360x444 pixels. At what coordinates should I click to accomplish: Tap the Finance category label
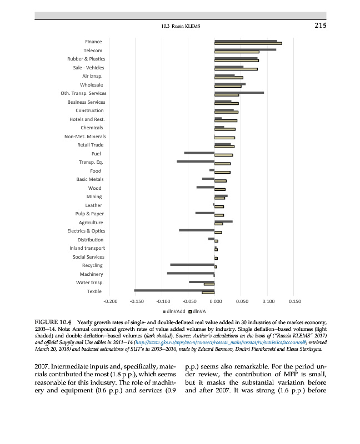[x=93, y=42]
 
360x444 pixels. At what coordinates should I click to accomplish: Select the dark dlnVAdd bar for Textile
[x=174, y=290]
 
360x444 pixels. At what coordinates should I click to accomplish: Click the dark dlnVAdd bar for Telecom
[x=245, y=49]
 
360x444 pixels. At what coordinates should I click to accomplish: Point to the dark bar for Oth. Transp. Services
[x=239, y=93]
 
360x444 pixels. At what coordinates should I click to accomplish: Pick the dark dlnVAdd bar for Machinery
[x=191, y=273]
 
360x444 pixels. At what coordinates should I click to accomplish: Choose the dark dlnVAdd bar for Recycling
[x=192, y=264]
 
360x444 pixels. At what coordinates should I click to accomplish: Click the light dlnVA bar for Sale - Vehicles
[x=236, y=69]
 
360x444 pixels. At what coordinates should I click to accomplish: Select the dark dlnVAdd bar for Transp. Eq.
[x=196, y=161]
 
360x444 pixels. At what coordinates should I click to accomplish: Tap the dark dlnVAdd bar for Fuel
[x=199, y=152]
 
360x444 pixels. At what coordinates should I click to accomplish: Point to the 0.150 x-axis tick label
[x=295, y=301]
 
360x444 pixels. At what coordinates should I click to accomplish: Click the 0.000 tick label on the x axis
[x=214, y=301]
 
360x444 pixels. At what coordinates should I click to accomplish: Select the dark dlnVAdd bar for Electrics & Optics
[x=197, y=230]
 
